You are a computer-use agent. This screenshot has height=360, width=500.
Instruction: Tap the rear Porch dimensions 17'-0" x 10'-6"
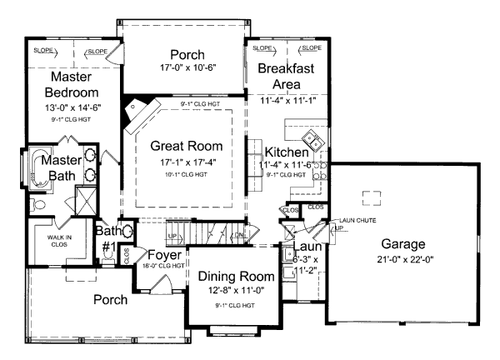pyautogui.click(x=182, y=68)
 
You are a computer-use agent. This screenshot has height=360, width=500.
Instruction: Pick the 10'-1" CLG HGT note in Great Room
pyautogui.click(x=182, y=174)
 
